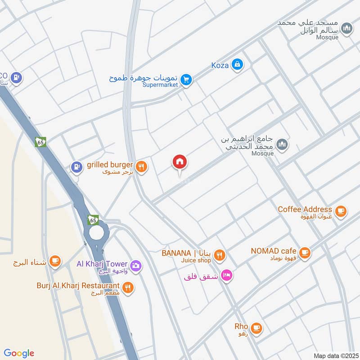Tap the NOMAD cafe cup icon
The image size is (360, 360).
coord(305,253)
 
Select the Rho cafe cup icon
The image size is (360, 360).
coord(256,328)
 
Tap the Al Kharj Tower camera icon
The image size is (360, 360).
coord(136,265)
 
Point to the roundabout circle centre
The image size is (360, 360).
coord(96,233)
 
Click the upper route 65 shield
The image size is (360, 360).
coord(40,141)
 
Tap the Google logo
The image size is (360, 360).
coord(19,353)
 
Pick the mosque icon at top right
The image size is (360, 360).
coord(346,29)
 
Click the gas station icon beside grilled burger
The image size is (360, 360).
coord(76,167)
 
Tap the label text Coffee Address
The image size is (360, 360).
coord(305,209)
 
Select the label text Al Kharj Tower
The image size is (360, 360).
coord(103,264)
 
